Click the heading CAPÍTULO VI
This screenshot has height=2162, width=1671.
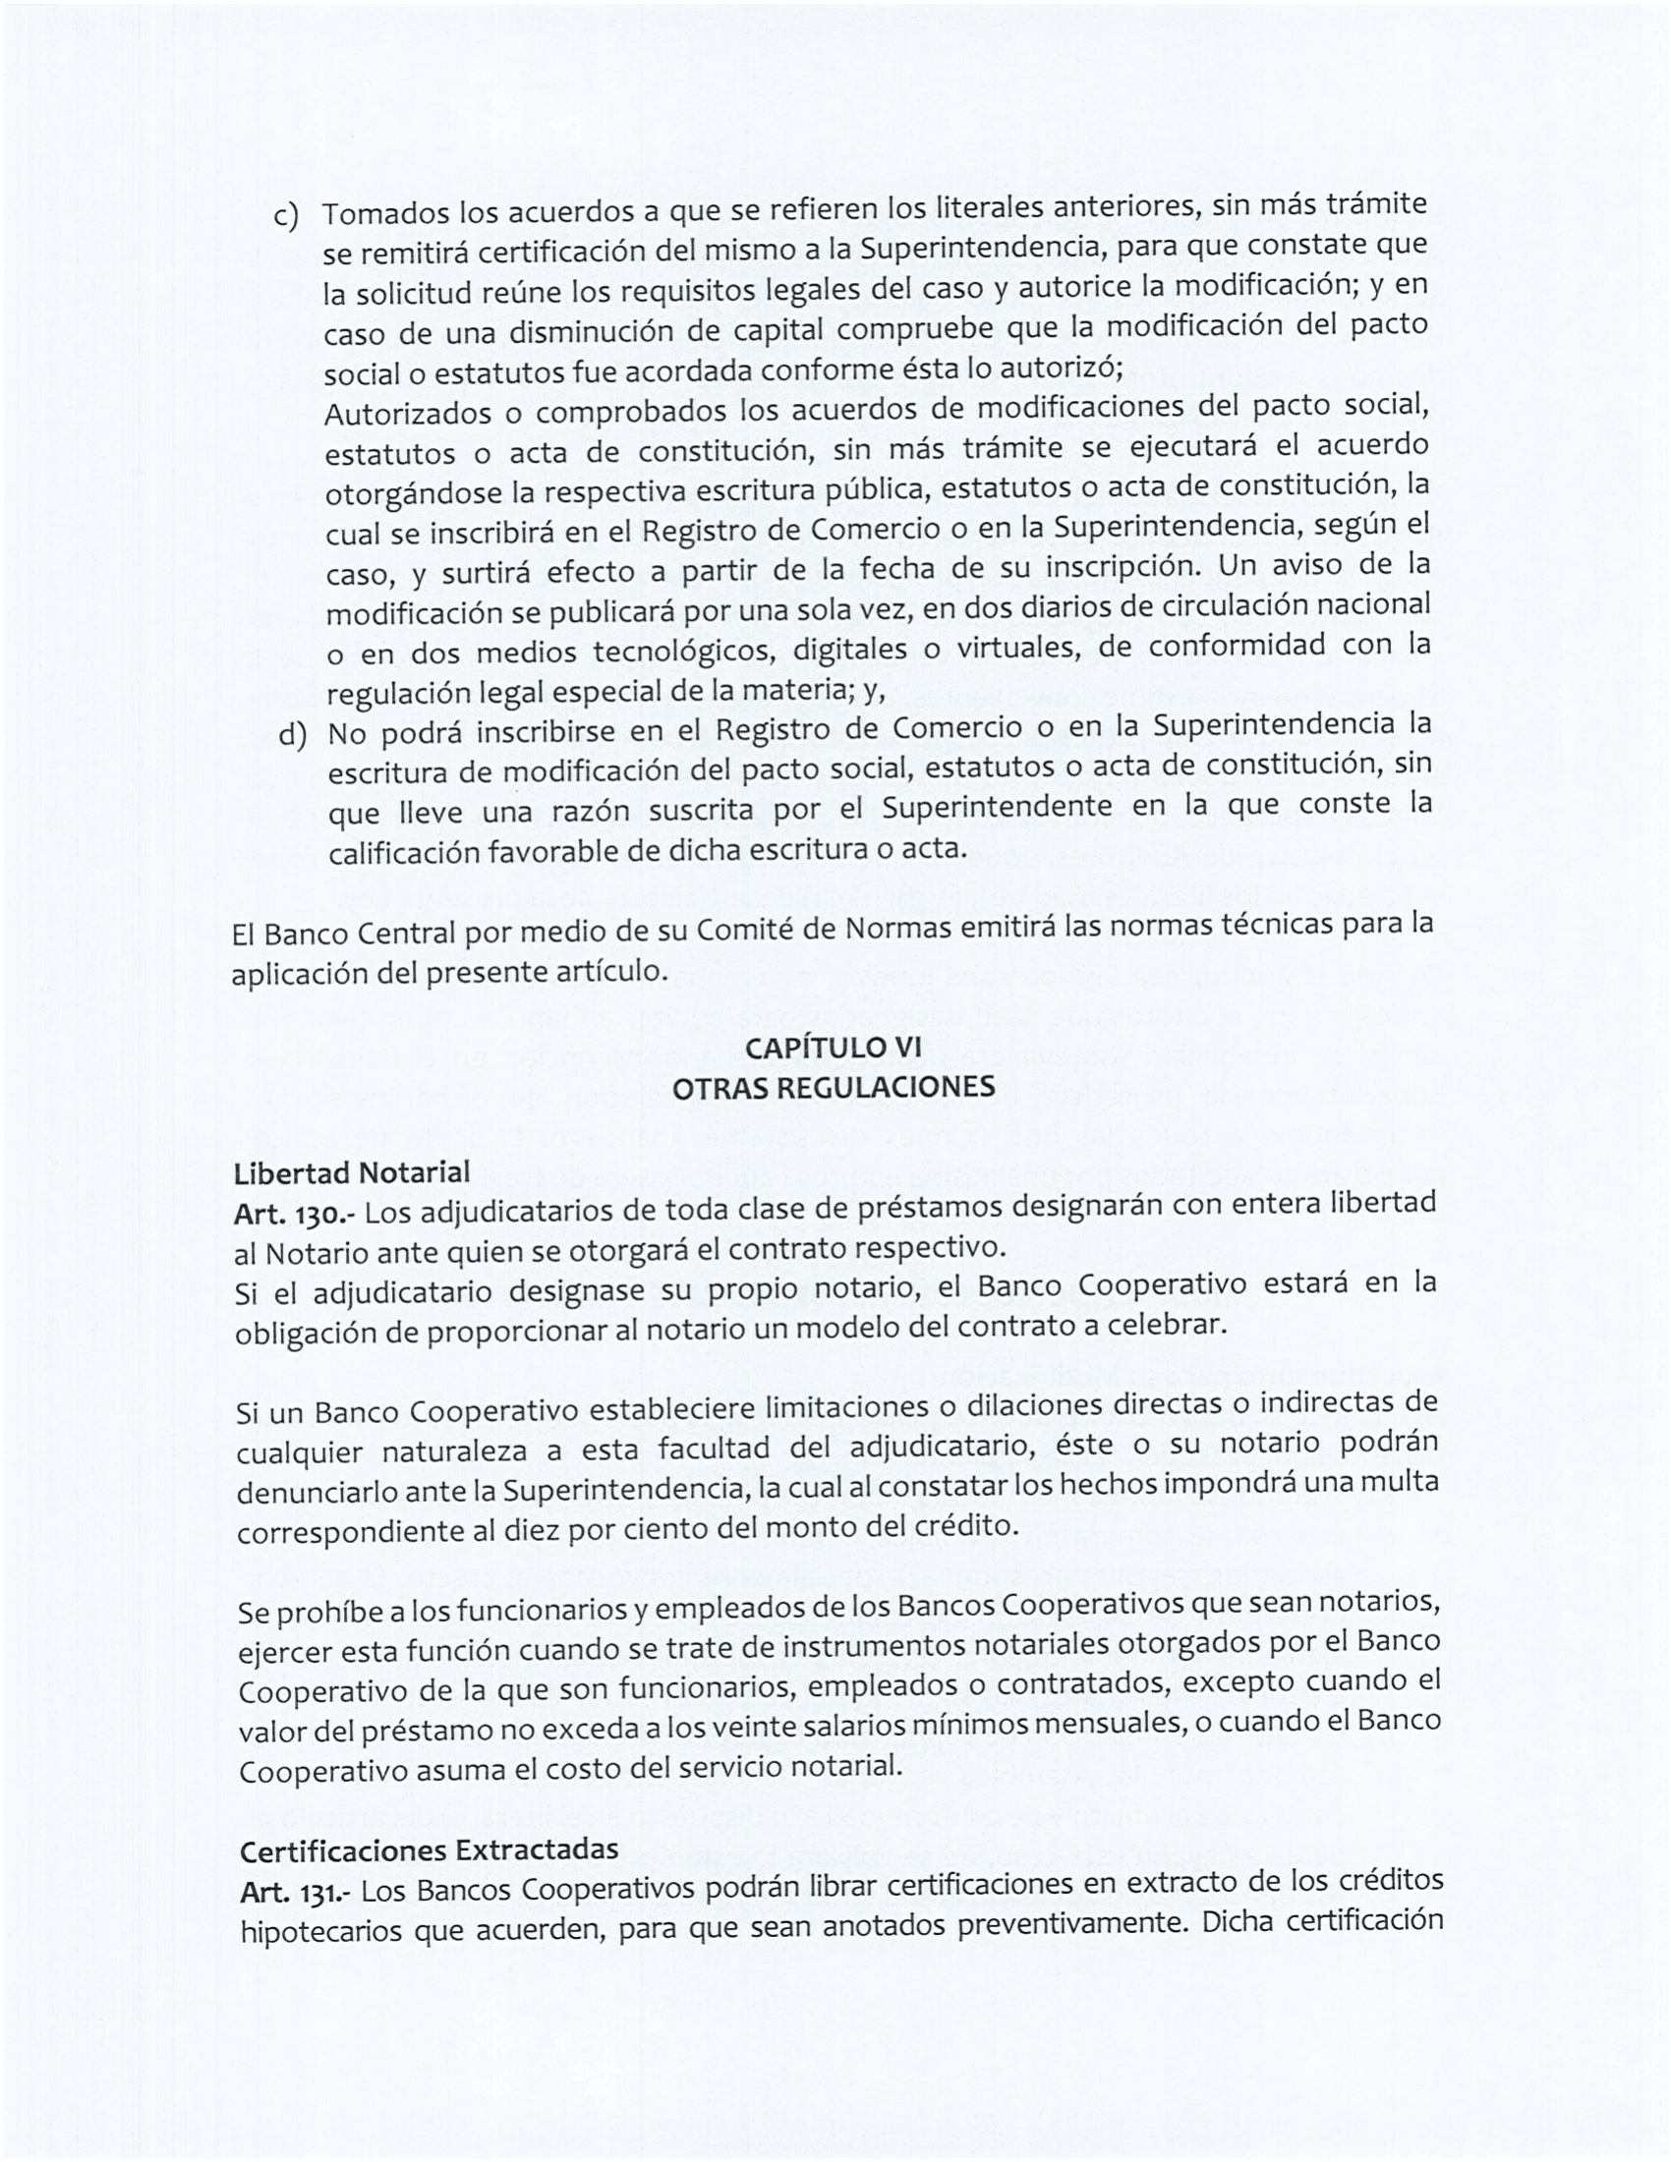(x=833, y=1047)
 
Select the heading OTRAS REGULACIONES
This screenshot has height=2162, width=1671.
(x=833, y=1087)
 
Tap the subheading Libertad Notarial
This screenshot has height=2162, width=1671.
(x=352, y=1173)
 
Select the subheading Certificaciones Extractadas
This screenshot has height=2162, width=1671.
(x=429, y=1850)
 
